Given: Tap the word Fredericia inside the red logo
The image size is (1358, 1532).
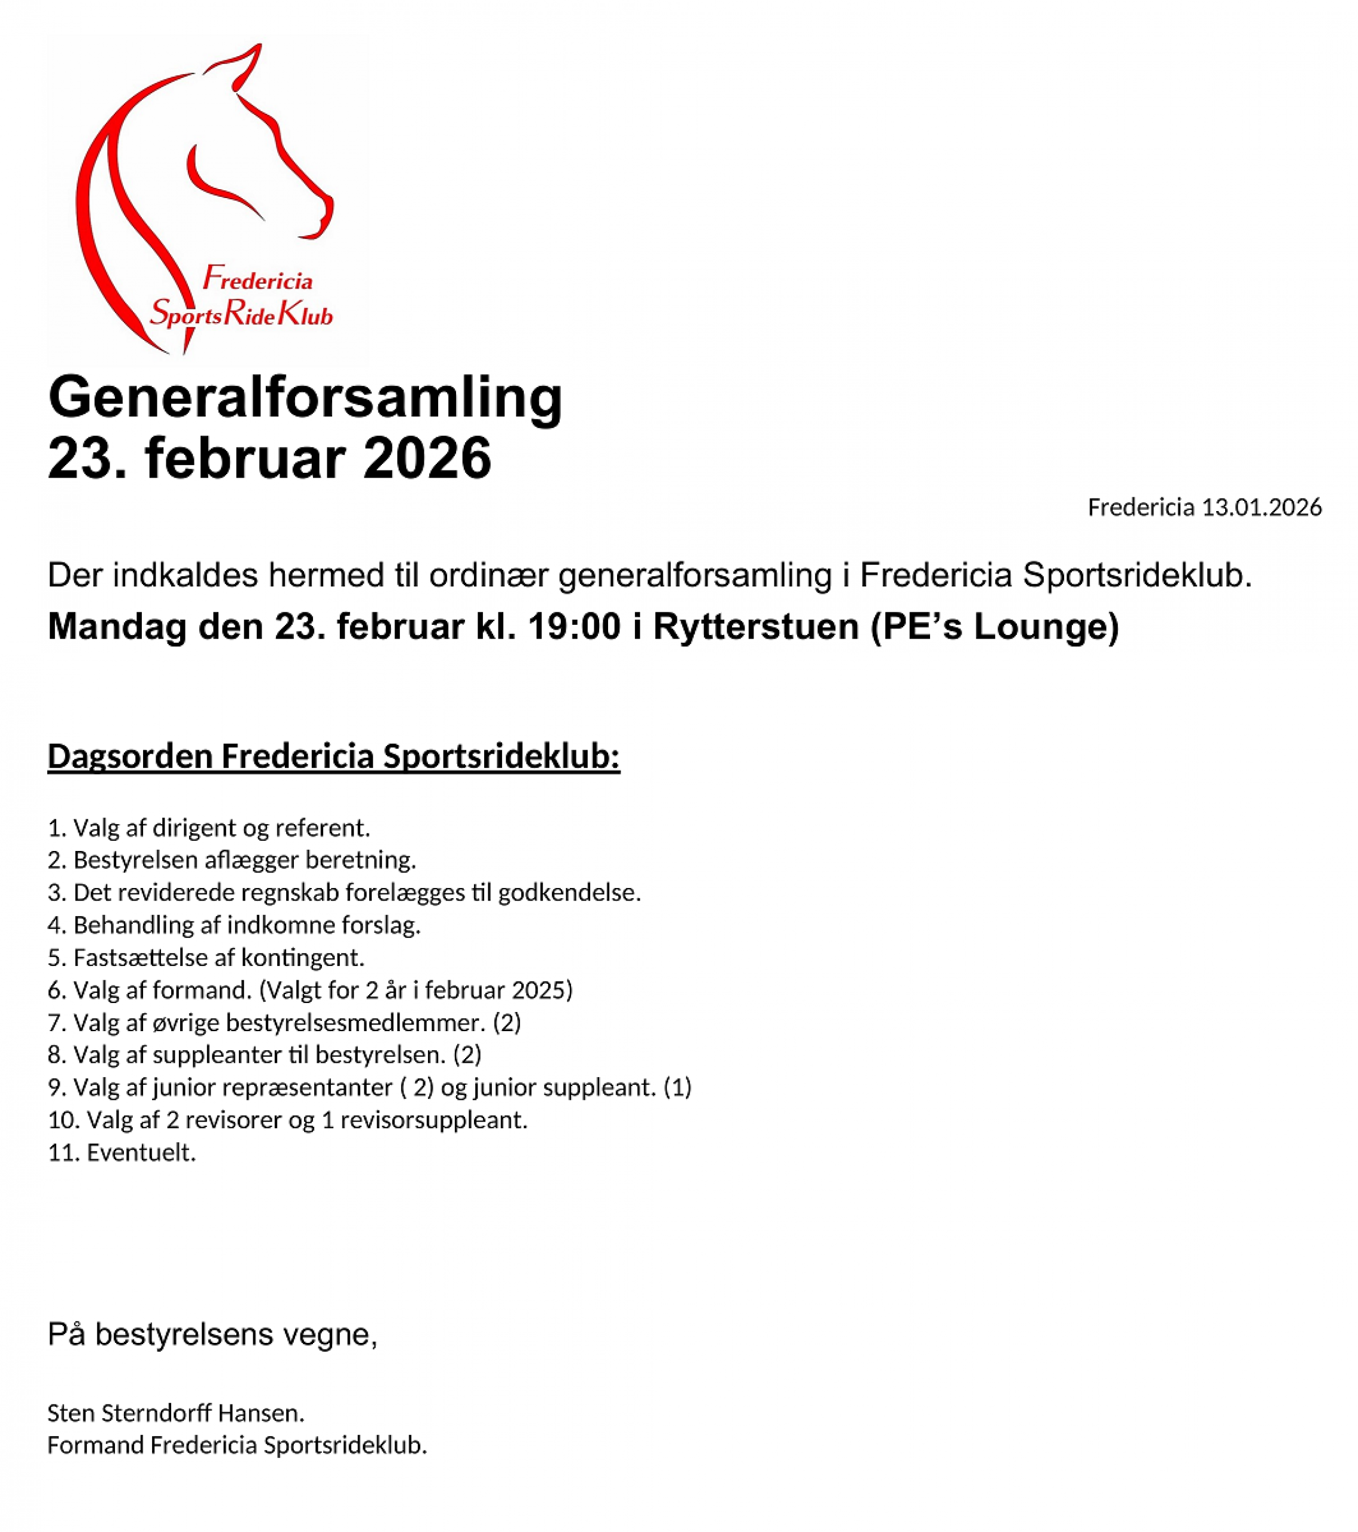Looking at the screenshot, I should click(258, 279).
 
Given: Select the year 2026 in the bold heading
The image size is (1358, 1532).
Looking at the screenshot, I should click(427, 458).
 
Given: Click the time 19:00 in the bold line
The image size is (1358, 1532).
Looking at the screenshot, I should click(574, 626).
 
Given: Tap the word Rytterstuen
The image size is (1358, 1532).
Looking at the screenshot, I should click(755, 626).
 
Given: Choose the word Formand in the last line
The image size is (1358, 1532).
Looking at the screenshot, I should click(95, 1445).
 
